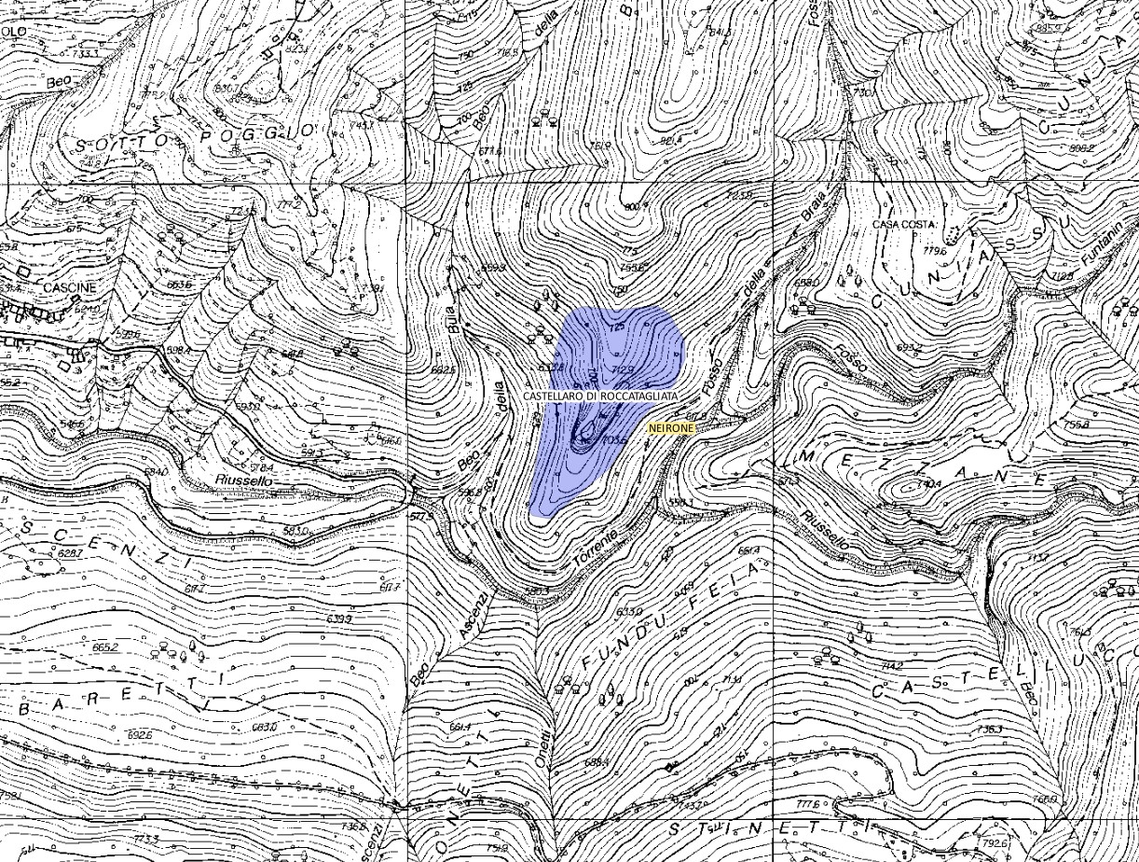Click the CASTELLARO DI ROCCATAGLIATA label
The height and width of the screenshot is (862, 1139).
[x=600, y=396]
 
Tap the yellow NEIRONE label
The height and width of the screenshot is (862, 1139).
[x=671, y=427]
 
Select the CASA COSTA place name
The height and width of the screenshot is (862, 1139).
[x=904, y=225]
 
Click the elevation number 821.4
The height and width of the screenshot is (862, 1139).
[x=670, y=141]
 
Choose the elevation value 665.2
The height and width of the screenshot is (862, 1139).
[x=105, y=646]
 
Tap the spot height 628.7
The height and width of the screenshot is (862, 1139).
[x=70, y=554]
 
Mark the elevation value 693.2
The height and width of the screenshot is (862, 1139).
[x=909, y=348]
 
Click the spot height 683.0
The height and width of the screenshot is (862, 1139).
[x=265, y=727]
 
